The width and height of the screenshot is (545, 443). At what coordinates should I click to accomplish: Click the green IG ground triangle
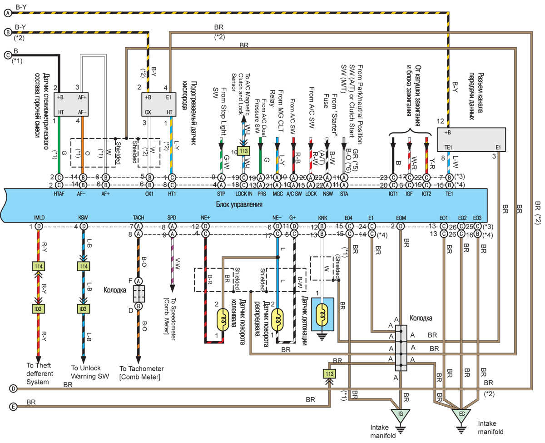coord(400,414)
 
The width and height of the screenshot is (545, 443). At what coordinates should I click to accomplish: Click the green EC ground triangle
coord(461,414)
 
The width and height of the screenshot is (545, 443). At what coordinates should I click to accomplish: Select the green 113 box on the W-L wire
coord(244,151)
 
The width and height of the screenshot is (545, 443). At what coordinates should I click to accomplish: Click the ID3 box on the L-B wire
coord(83,309)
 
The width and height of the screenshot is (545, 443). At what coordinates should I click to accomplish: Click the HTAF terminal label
coord(59,193)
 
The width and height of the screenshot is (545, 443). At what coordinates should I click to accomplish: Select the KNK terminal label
coord(322,218)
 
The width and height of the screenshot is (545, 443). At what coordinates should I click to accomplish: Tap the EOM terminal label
coord(401,218)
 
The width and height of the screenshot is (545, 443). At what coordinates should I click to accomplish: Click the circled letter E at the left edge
coord(13,407)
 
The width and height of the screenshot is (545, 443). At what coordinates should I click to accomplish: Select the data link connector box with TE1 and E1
coord(471,139)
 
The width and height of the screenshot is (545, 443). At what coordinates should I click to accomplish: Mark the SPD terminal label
coord(171,218)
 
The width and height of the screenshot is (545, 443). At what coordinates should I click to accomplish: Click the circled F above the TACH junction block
coord(139,281)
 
